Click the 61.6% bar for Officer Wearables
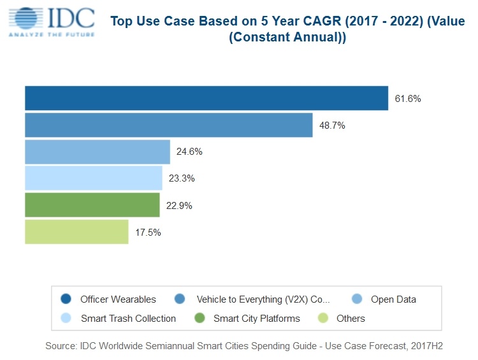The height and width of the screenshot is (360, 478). pyautogui.click(x=206, y=98)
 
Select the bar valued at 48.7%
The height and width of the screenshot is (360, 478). pyautogui.click(x=169, y=125)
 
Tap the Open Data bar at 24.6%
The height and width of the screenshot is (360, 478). pyautogui.click(x=98, y=152)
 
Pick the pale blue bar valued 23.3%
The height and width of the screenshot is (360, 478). pyautogui.click(x=94, y=178)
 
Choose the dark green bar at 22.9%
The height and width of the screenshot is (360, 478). pyautogui.click(x=92, y=205)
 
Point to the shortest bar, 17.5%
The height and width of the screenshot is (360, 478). pyautogui.click(x=76, y=232)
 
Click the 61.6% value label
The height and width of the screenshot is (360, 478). pyautogui.click(x=408, y=99)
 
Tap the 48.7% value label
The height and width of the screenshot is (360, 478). pyautogui.click(x=332, y=126)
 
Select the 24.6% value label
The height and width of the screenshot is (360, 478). pyautogui.click(x=190, y=152)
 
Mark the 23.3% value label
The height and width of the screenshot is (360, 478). pyautogui.click(x=182, y=179)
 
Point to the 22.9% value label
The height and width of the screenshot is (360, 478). pyautogui.click(x=179, y=206)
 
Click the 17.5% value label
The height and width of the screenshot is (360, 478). pyautogui.click(x=148, y=233)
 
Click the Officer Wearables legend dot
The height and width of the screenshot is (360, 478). pyautogui.click(x=65, y=299)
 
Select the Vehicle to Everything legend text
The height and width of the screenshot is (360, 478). pyautogui.click(x=263, y=299)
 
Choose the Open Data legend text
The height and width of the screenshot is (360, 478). pyautogui.click(x=393, y=299)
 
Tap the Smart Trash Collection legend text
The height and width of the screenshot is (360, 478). pyautogui.click(x=128, y=318)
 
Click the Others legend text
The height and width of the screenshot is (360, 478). pyautogui.click(x=352, y=318)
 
